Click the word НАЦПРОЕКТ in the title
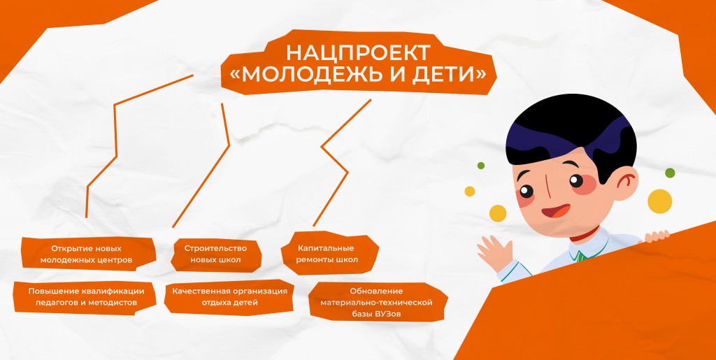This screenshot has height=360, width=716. [357, 53]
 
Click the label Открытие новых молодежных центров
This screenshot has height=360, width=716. [87, 254]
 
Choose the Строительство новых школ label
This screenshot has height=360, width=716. [215, 254]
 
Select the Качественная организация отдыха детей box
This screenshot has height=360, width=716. [229, 296]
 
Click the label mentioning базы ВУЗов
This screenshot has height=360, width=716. [376, 303]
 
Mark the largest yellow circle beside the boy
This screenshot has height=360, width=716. [659, 201]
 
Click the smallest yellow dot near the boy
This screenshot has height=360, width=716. [470, 191]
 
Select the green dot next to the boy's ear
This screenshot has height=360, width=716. [670, 173]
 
